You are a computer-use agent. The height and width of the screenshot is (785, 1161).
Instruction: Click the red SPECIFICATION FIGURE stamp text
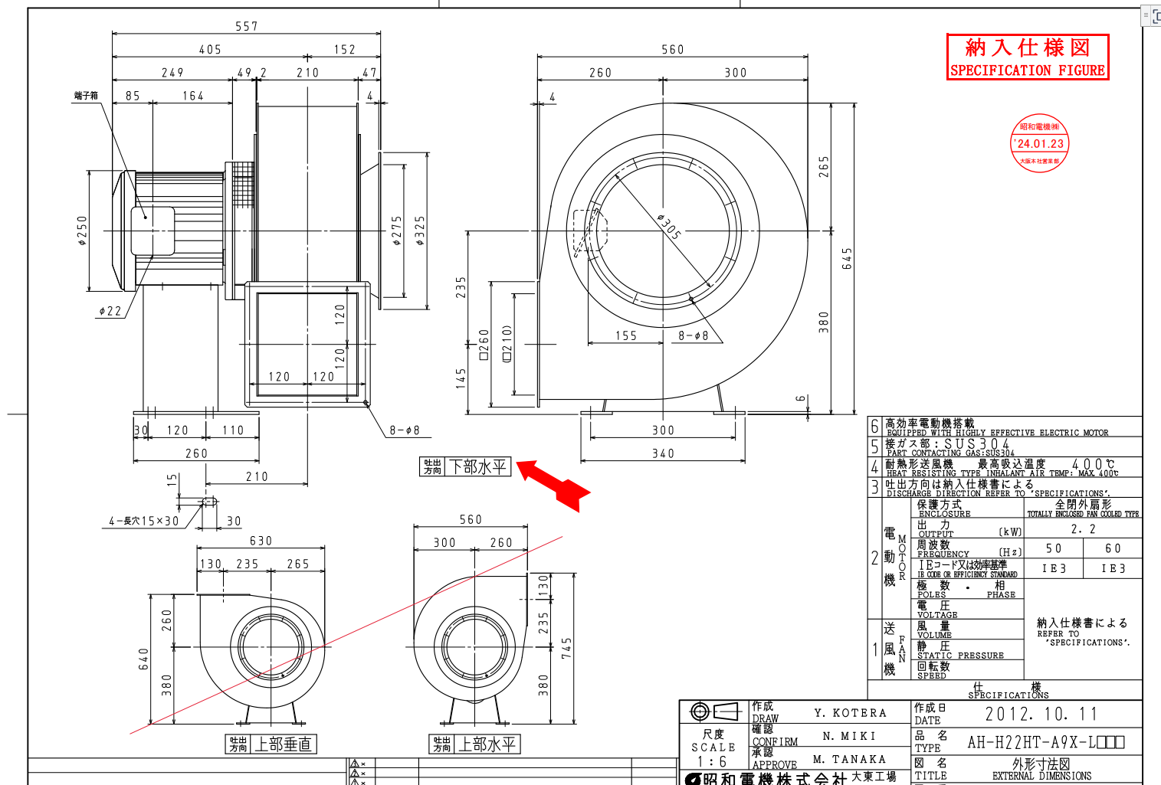[x=1027, y=70]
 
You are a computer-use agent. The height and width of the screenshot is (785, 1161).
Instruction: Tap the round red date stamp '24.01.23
[x=1039, y=143]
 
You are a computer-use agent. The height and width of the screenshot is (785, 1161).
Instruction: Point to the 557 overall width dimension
[x=247, y=27]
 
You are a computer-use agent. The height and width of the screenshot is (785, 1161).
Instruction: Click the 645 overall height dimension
[x=847, y=259]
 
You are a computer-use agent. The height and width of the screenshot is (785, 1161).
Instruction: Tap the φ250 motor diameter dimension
[x=82, y=231]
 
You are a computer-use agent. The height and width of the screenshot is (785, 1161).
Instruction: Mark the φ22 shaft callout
[x=110, y=311]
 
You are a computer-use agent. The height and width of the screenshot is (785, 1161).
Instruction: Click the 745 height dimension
[x=566, y=648]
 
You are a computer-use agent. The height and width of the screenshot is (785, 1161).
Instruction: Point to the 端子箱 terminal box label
[x=86, y=96]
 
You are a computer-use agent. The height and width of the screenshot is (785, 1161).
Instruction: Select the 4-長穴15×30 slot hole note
[x=143, y=521]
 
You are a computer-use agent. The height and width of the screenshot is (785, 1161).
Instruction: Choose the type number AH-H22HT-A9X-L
[x=1045, y=741]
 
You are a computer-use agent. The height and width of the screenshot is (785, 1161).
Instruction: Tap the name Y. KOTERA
[x=850, y=713]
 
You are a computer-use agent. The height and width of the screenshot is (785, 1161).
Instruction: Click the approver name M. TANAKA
[x=849, y=759]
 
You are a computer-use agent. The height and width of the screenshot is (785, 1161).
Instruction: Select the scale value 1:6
[x=712, y=762]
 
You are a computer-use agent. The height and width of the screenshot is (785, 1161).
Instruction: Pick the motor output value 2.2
[x=1083, y=528]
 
